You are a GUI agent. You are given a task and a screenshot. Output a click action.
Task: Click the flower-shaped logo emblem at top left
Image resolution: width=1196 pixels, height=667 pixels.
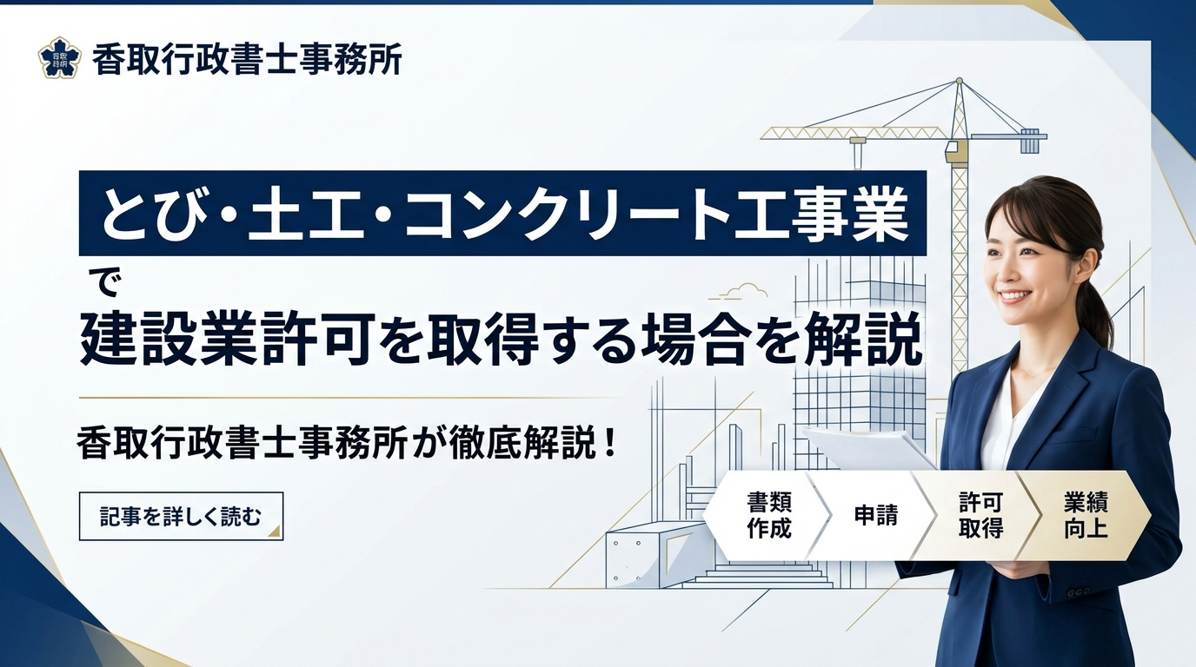coord(59,57)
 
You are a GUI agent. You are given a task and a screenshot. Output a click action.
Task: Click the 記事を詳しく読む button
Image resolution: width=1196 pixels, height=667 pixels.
coord(181,517)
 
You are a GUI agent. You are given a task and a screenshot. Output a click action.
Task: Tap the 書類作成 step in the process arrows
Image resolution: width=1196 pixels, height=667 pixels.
coord(767,516)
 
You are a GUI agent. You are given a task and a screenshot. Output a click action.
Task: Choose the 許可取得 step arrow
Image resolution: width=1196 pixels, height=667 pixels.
coord(980,516)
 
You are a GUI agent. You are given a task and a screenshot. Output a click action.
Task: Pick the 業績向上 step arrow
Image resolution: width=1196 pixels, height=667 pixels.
coord(1085,516)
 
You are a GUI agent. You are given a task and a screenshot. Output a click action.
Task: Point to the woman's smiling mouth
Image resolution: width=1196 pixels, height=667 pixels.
coord(1014,296)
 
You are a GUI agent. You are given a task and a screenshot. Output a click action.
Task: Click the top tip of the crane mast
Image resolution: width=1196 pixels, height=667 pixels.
coord(959,81)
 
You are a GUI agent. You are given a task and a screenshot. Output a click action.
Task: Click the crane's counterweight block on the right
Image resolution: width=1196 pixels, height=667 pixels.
coord(1030,141)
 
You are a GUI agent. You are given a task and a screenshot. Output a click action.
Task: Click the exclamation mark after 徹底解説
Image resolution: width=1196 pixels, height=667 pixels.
coord(608,443)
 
